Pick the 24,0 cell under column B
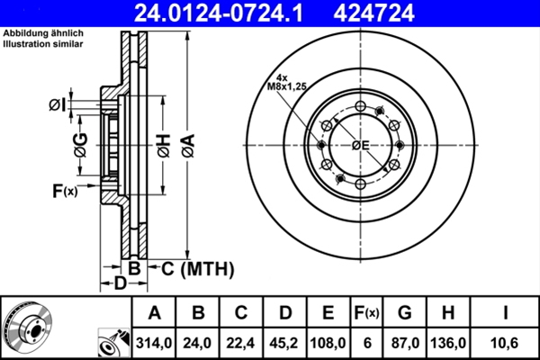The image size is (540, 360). pyautogui.click(x=198, y=343)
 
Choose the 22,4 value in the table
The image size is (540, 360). pyautogui.click(x=241, y=343)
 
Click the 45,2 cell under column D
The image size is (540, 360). pyautogui.click(x=284, y=343)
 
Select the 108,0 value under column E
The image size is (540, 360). pyautogui.click(x=328, y=343)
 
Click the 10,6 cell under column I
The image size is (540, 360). pyautogui.click(x=506, y=343)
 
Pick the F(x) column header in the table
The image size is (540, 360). pyautogui.click(x=366, y=313)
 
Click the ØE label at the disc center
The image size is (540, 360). pyautogui.click(x=361, y=145)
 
